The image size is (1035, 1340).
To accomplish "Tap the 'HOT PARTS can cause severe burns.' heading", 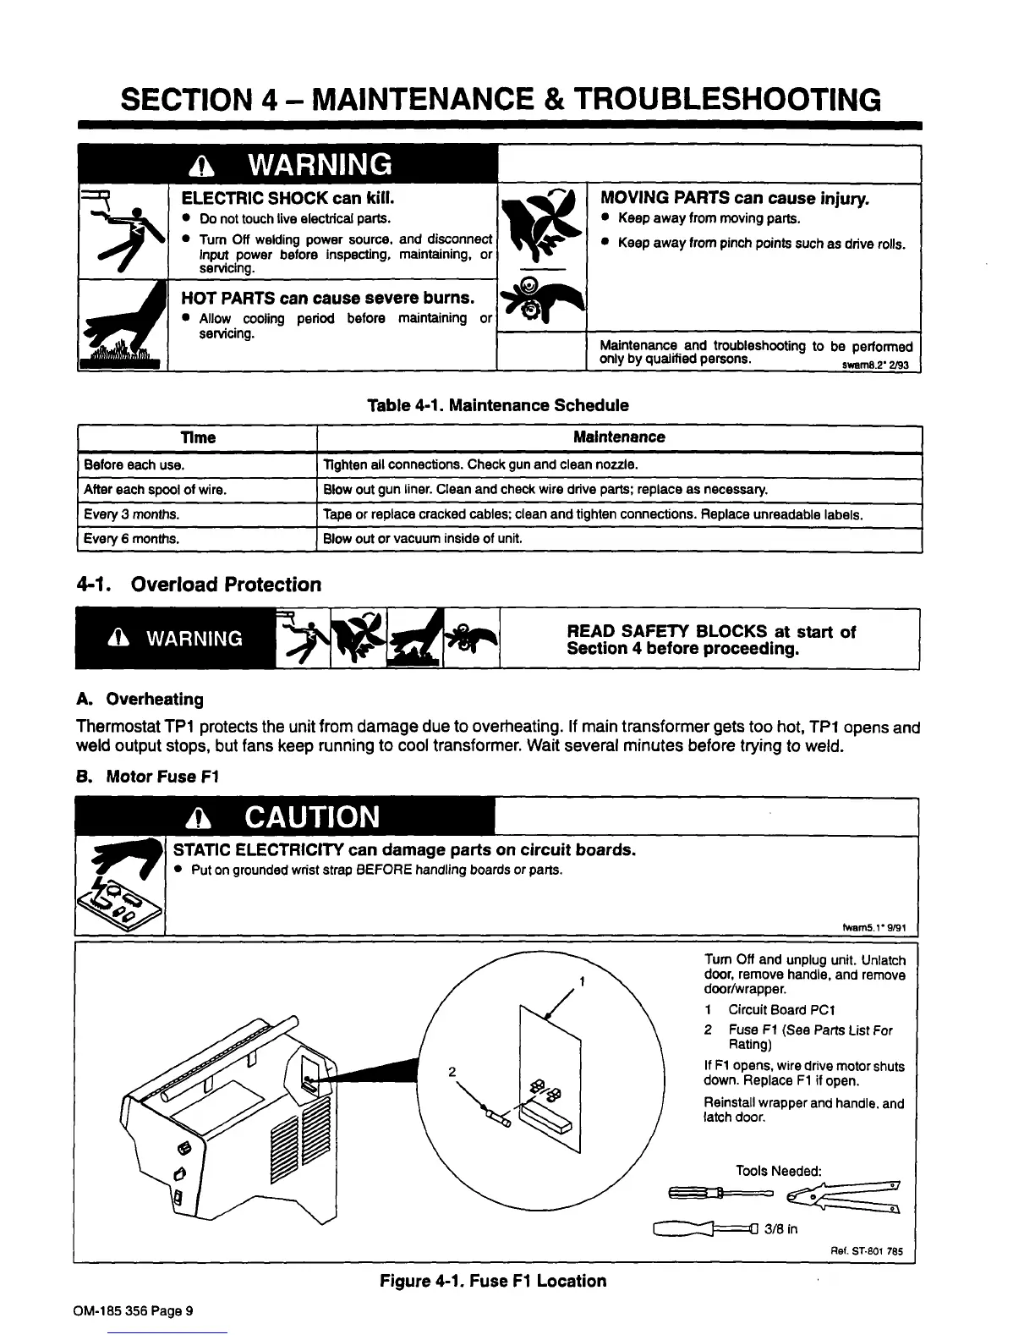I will (327, 298).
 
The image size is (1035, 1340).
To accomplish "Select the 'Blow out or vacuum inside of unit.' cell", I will (423, 539).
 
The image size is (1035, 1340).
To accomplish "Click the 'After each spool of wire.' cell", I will (156, 490).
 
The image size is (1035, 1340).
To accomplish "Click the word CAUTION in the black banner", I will (312, 817).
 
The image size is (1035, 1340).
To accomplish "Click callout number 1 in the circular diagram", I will (582, 981).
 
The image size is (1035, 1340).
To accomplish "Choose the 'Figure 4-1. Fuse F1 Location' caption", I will (493, 1281).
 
